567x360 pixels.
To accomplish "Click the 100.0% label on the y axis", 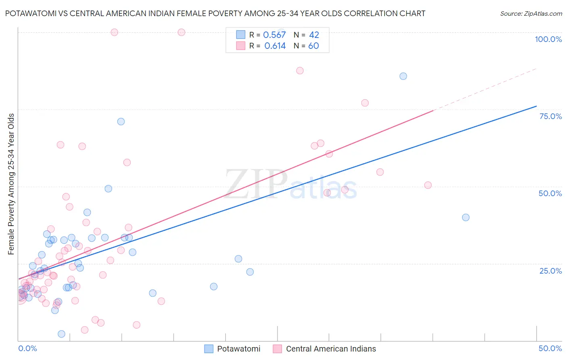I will tap(548, 39).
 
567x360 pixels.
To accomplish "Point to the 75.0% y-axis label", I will tap(550, 116).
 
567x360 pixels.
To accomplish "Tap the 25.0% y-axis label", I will tap(550, 271).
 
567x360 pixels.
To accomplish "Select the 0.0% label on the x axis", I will tap(27, 348).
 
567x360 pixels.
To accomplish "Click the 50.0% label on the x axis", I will tap(550, 348).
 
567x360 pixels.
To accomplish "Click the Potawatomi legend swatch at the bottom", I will tap(208, 349).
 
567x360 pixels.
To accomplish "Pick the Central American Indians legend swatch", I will tap(277, 349).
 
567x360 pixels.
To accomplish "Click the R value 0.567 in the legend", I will tap(274, 35).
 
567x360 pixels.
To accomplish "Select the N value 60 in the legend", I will tap(313, 46).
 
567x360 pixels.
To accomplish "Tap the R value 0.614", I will tap(275, 46).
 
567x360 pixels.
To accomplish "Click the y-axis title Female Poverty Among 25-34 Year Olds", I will tap(11, 184).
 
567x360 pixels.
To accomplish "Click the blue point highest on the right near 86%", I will tap(403, 76).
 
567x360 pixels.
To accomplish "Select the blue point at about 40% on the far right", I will tap(466, 218).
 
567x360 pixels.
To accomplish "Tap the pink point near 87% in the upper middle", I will tap(300, 71).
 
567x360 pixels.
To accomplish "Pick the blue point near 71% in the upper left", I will tap(121, 121).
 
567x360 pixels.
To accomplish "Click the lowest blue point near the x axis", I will tap(61, 334).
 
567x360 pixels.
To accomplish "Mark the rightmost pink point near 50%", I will tap(428, 185).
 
